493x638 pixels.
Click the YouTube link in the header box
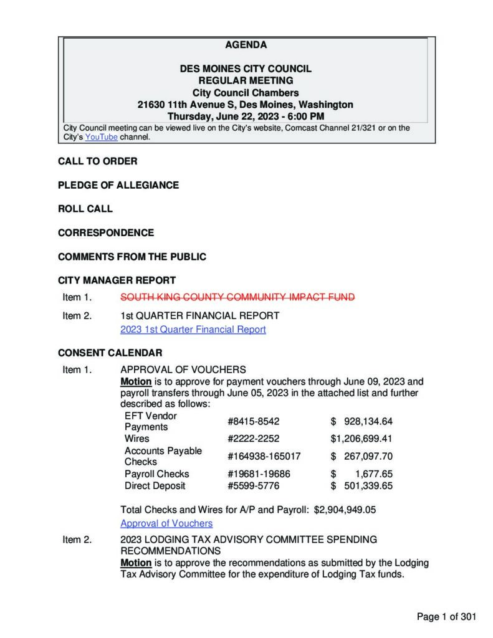click(101, 137)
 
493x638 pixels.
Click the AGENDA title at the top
click(246, 45)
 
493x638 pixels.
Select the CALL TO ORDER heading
click(98, 161)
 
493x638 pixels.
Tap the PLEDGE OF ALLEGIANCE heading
click(118, 185)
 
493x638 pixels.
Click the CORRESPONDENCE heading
click(106, 232)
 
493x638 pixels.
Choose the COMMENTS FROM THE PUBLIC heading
click(132, 256)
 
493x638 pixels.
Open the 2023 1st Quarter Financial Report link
click(193, 329)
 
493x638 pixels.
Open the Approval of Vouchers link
click(166, 523)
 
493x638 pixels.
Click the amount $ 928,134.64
click(361, 421)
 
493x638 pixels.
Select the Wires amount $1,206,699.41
click(361, 438)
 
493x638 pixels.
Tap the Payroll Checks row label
click(156, 474)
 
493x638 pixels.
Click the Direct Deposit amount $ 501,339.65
click(361, 485)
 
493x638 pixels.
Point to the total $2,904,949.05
click(345, 510)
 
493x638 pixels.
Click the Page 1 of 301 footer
click(446, 617)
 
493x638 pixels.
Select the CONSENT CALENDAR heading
click(110, 353)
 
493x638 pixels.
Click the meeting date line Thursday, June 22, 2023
click(246, 116)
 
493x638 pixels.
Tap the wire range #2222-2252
click(249, 438)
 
